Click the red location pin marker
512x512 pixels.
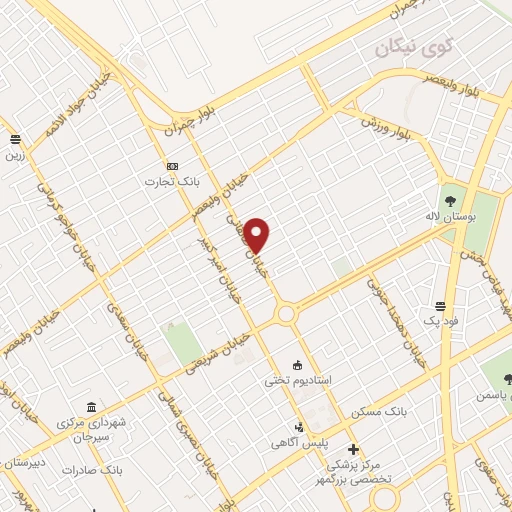tap(258, 235)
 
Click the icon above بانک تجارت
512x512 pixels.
tap(172, 165)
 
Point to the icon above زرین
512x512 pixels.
tap(15, 140)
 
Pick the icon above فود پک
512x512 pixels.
tap(440, 305)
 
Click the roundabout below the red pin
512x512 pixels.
tap(287, 315)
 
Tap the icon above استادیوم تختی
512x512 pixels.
tap(297, 365)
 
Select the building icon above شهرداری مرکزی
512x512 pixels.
tap(92, 407)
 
